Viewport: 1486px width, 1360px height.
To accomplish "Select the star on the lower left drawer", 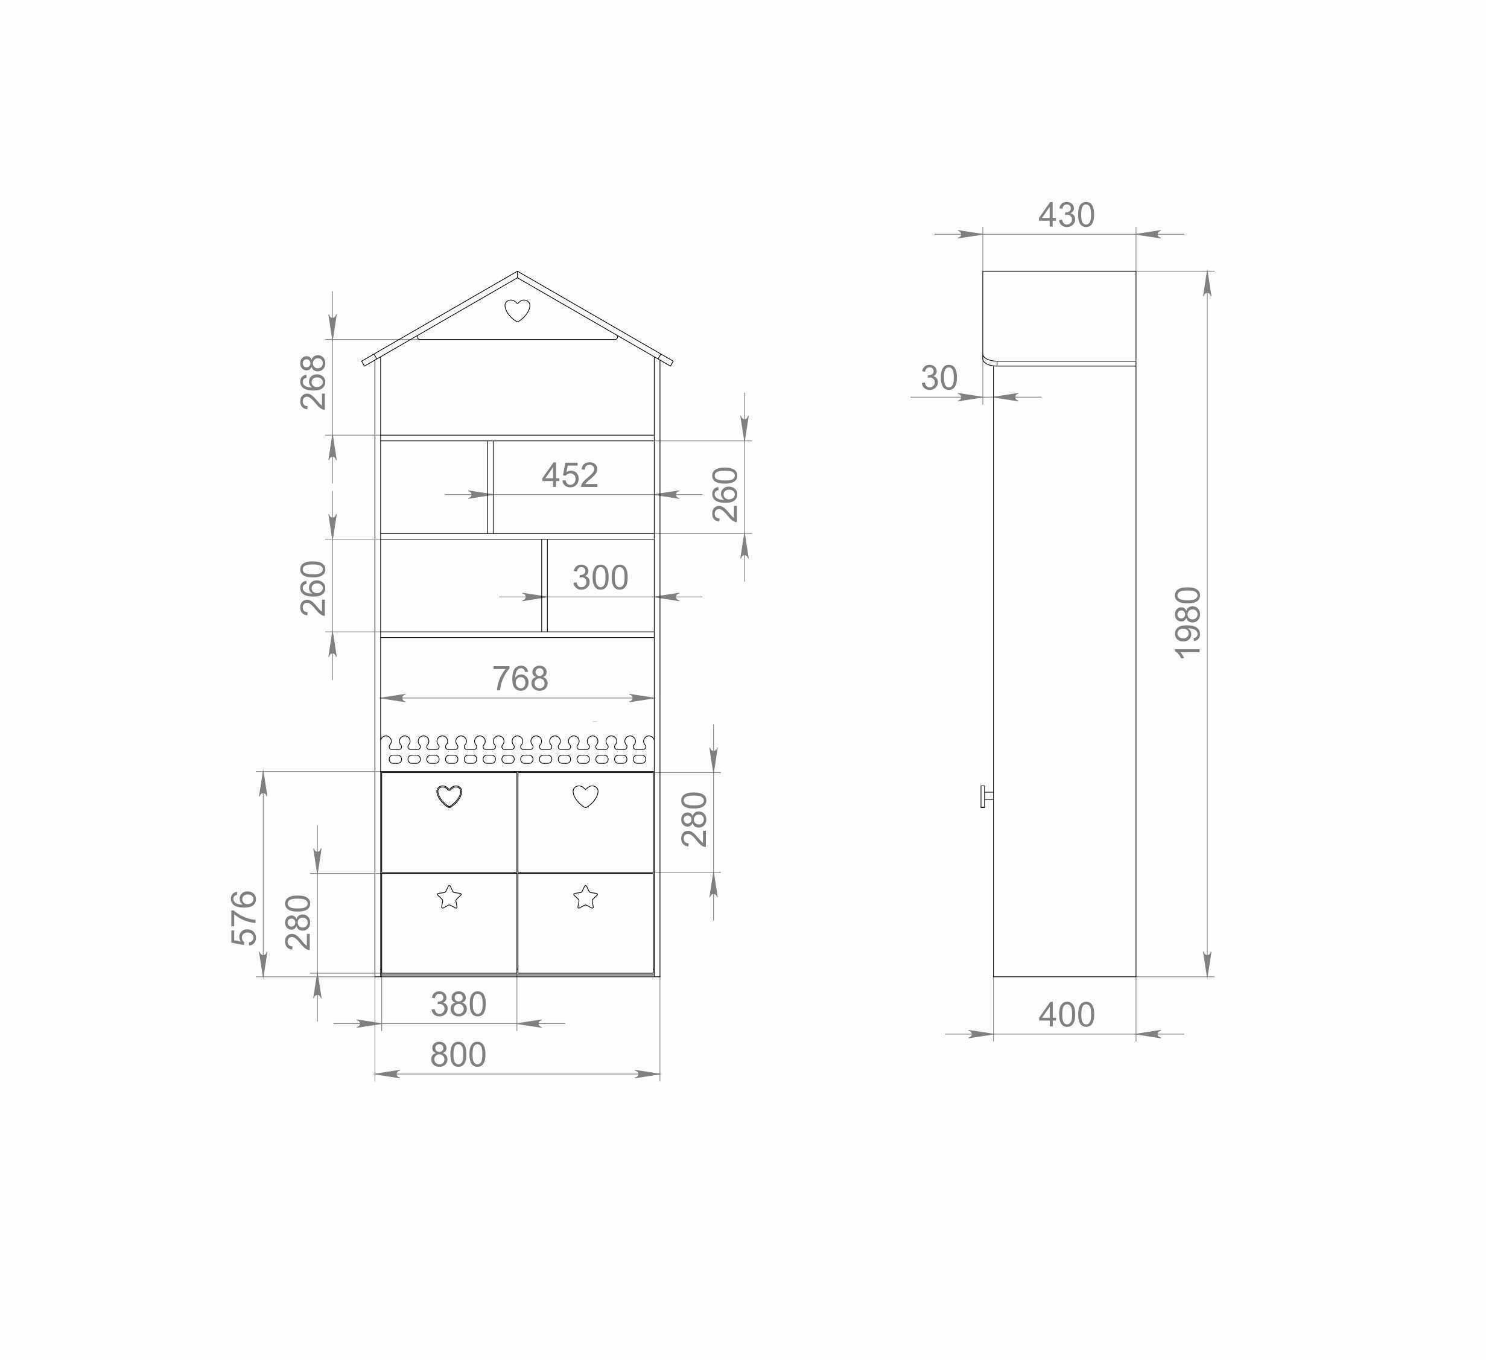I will tap(449, 897).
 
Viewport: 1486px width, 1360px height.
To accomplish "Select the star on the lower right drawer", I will tap(585, 897).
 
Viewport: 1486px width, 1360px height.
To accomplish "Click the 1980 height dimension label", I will tap(1187, 623).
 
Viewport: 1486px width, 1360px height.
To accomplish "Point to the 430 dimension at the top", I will tap(1066, 215).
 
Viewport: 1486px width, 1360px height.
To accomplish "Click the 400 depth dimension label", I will tap(1066, 1015).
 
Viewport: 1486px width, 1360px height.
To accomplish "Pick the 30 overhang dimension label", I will tap(938, 379).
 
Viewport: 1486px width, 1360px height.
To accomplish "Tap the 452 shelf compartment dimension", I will tap(570, 475).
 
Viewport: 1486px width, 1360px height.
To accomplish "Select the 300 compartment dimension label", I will tap(600, 578).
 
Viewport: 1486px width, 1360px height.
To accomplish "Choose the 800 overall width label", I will tap(458, 1055).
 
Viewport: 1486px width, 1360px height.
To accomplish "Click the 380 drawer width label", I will tap(458, 1005).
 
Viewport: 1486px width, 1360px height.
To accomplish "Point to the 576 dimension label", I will tap(244, 918).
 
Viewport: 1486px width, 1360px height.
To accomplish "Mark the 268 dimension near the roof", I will tap(313, 382).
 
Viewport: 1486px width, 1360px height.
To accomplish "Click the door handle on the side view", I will tap(985, 796).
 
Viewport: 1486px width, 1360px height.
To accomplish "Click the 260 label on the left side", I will tap(313, 588).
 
